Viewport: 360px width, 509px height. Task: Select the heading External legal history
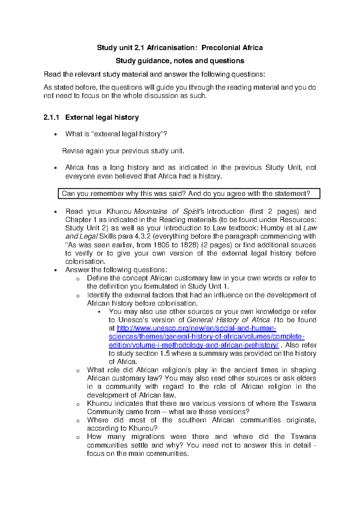point(102,117)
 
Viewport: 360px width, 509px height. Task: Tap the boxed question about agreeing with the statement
point(186,194)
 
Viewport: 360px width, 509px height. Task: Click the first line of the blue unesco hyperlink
point(196,328)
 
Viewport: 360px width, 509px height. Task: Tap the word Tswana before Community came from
point(303,403)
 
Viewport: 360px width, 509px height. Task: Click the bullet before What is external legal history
point(55,134)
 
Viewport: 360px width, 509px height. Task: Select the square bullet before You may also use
point(99,312)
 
